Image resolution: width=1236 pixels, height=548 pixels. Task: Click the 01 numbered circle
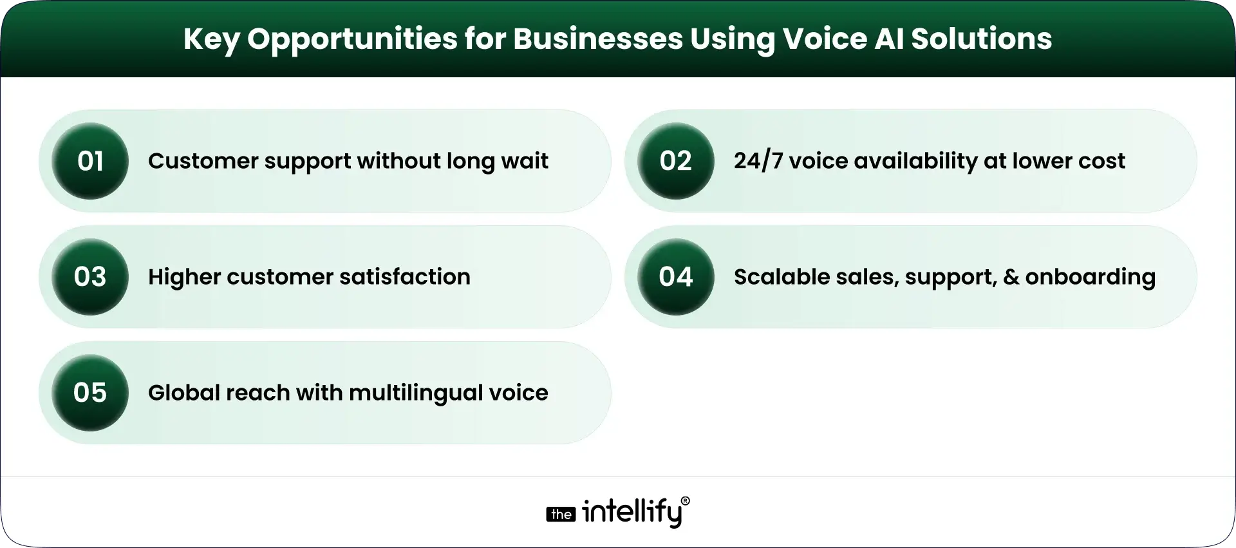[90, 161]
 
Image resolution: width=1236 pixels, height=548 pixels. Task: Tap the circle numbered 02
[675, 161]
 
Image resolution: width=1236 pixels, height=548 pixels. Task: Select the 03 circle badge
[90, 277]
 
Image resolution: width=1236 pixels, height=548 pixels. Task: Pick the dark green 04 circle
[675, 277]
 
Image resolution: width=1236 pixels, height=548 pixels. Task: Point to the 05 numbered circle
[90, 393]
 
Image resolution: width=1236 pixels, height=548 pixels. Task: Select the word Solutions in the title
[981, 39]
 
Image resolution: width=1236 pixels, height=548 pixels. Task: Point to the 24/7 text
[758, 161]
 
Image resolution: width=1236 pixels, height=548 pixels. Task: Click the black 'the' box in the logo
[561, 514]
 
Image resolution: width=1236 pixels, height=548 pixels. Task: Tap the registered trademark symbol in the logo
[685, 501]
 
